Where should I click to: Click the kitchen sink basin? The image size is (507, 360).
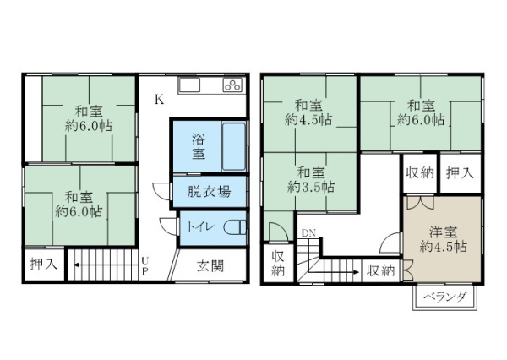point(190,85)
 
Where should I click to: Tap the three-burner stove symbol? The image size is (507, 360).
point(232,85)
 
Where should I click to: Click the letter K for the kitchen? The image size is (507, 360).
point(159,100)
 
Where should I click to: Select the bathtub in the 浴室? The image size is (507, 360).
point(234,146)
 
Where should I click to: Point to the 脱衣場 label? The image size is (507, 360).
point(210,192)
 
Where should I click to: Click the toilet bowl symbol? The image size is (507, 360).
point(236,227)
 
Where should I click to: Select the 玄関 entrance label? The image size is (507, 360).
point(210,266)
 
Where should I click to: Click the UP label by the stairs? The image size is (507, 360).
point(144,265)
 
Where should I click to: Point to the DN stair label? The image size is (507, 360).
point(308,233)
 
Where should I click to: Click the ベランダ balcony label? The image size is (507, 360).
point(445,297)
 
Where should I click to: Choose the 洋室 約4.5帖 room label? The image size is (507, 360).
point(444,239)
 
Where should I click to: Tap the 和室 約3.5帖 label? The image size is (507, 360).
point(311,180)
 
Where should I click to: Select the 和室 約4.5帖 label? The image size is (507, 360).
point(308,112)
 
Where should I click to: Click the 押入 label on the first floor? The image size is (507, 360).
point(44,265)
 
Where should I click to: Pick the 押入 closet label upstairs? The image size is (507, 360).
point(460,173)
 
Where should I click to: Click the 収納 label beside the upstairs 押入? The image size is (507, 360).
point(420,173)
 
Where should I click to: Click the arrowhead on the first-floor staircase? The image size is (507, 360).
point(77,265)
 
